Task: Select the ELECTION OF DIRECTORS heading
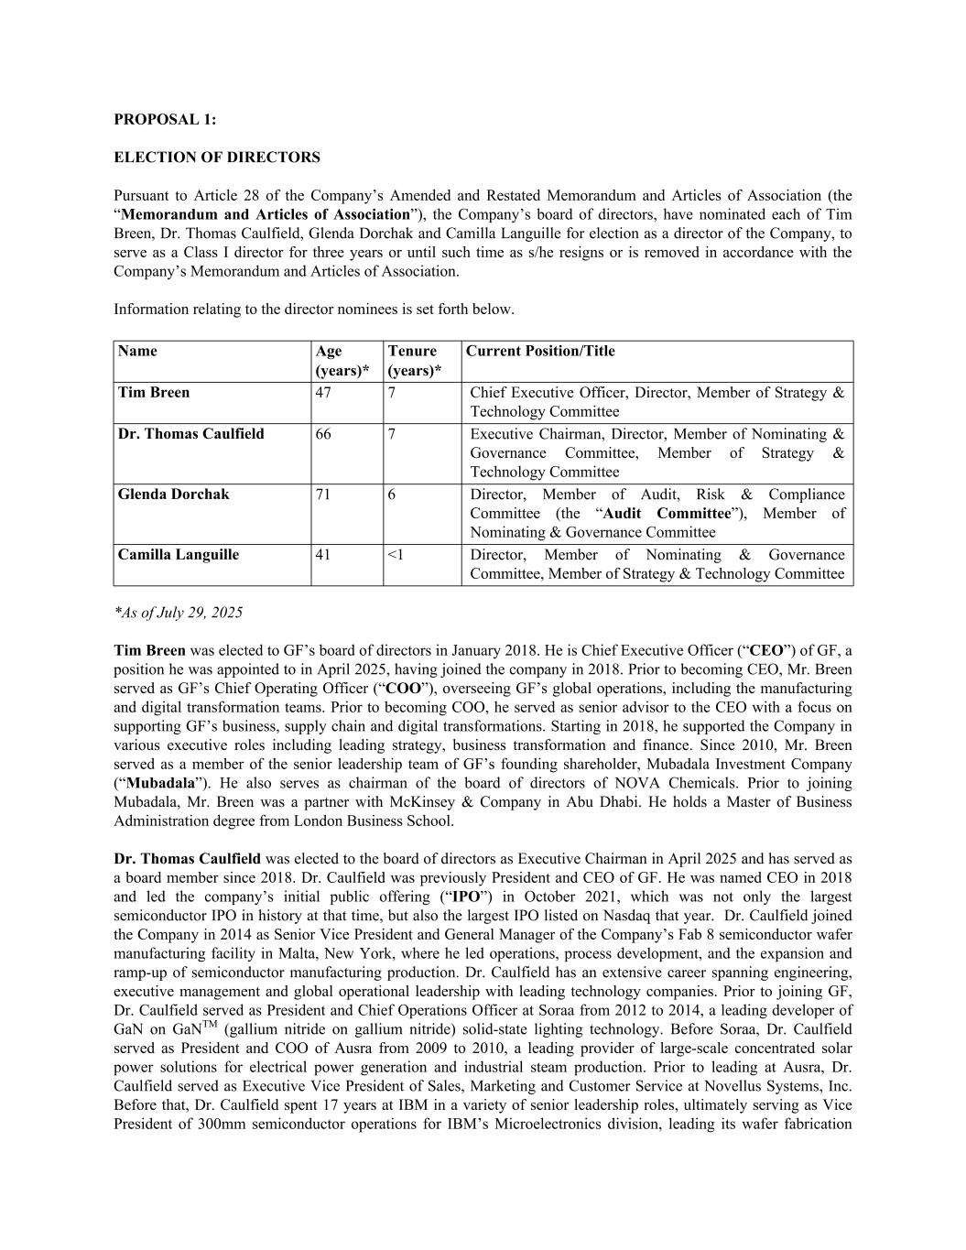pyautogui.click(x=217, y=158)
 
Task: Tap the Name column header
pyautogui.click(x=137, y=352)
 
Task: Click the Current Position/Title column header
pyautogui.click(x=540, y=352)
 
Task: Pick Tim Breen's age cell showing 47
pyautogui.click(x=323, y=393)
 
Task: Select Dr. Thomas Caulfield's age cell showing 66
pyautogui.click(x=323, y=434)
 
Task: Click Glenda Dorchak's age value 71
pyautogui.click(x=323, y=495)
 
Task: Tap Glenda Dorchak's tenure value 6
pyautogui.click(x=392, y=495)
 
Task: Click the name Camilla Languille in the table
pyautogui.click(x=179, y=555)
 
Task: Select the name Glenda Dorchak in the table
pyautogui.click(x=174, y=495)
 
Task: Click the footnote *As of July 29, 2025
pyautogui.click(x=179, y=613)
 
